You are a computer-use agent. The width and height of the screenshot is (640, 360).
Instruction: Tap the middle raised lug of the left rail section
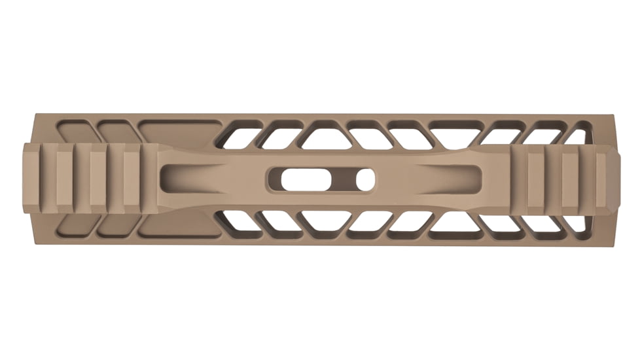tap(98, 178)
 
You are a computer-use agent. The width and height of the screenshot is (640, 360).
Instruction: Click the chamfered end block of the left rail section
tap(32, 178)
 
